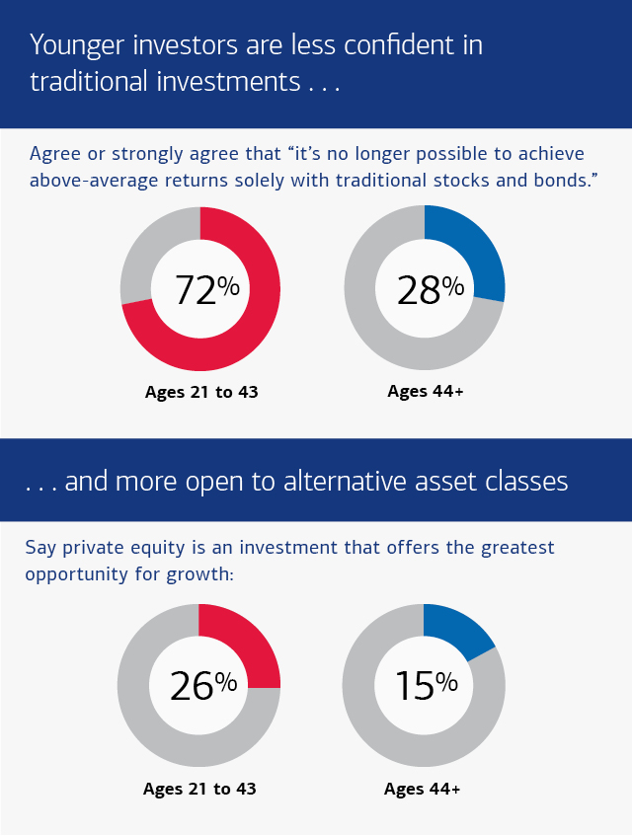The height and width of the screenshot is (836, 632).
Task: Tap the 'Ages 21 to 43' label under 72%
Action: coord(201,392)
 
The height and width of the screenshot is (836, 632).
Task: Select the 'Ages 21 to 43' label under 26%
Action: coord(199,789)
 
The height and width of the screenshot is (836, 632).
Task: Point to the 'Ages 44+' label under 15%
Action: coord(422,789)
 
